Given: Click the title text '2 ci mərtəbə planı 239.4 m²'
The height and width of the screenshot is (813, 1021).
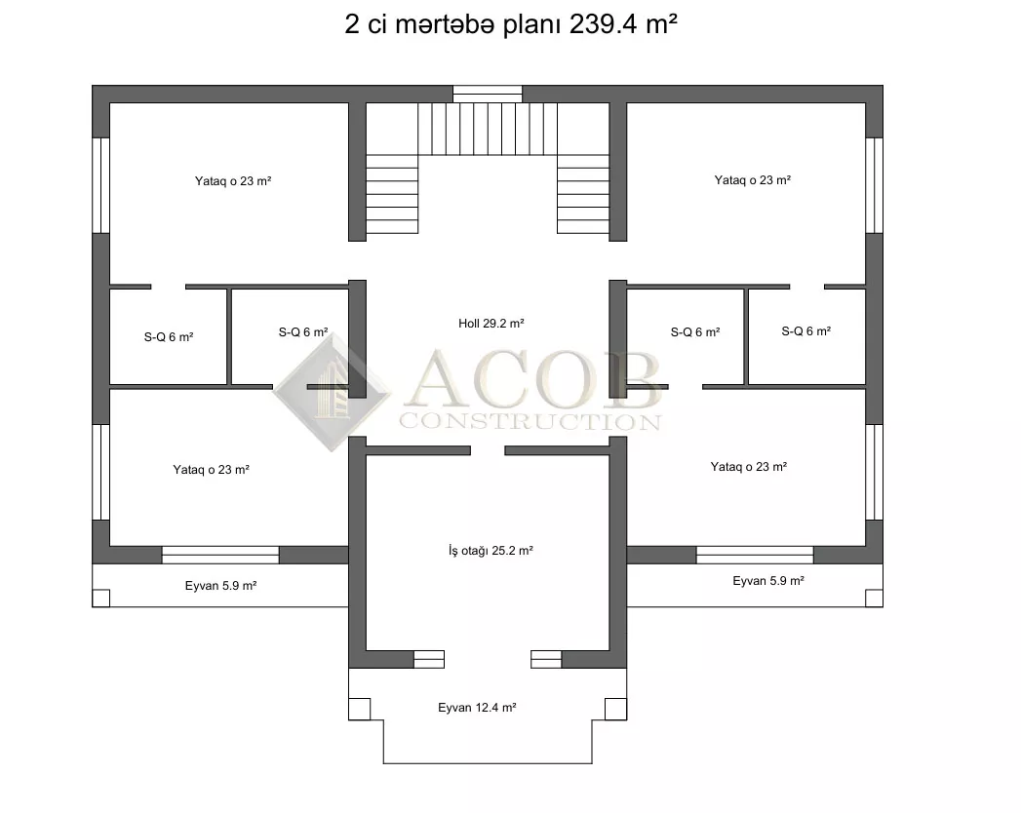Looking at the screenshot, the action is click(511, 24).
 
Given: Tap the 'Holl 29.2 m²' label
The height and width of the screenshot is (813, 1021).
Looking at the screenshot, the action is click(491, 324).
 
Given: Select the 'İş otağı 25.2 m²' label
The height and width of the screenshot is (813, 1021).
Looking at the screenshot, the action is click(491, 551).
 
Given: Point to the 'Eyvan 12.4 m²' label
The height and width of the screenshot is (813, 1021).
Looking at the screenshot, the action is click(477, 708).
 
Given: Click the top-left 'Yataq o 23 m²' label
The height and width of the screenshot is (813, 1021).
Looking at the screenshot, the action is click(233, 181).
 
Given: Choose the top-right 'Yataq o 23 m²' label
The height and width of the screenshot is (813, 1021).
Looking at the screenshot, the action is click(753, 179).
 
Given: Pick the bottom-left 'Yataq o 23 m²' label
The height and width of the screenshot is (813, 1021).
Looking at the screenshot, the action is click(211, 469).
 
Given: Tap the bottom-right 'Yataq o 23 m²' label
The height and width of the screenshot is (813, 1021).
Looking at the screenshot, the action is click(749, 467).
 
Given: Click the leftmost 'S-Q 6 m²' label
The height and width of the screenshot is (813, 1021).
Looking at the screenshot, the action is click(169, 337).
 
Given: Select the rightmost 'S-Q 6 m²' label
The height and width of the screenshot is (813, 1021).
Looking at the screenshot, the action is click(806, 331).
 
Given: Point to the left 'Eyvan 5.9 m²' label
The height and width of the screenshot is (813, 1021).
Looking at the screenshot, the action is click(220, 586).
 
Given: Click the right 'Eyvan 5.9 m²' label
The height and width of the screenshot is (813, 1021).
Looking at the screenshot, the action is click(768, 581).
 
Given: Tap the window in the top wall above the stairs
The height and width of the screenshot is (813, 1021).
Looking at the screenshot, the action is click(488, 94).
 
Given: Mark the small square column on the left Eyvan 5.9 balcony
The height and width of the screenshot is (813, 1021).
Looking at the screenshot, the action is click(100, 599).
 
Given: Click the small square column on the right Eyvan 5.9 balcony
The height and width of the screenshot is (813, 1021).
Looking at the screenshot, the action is click(874, 599).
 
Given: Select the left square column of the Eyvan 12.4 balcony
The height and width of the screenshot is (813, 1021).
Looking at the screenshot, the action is click(360, 709).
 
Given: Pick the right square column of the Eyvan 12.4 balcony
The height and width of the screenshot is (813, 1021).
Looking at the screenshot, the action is click(615, 709).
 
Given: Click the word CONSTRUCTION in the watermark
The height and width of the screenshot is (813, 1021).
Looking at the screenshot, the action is click(530, 422).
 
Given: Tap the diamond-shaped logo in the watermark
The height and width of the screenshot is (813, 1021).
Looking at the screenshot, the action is click(332, 392).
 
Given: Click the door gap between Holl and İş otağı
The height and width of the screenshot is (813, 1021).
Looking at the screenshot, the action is click(488, 450).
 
